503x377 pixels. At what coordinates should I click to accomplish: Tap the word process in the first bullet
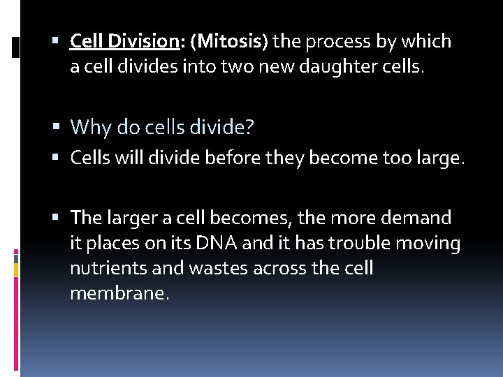coord(328,42)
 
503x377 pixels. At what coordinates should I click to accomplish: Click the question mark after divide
coord(249,128)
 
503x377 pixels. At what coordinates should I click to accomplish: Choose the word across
coord(263,269)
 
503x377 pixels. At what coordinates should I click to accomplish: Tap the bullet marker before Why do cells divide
coord(61,128)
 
